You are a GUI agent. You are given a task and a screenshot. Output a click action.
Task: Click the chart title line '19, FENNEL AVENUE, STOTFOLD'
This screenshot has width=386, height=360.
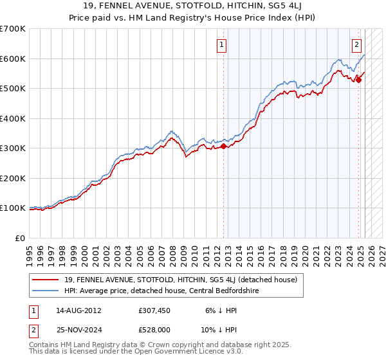pyautogui.click(x=193, y=6)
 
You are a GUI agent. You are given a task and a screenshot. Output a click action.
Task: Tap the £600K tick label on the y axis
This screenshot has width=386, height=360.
pyautogui.click(x=13, y=59)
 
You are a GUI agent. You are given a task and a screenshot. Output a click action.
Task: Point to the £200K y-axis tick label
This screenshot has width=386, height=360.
pyautogui.click(x=13, y=178)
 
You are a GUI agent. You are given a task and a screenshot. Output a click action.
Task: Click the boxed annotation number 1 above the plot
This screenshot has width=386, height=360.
pyautogui.click(x=221, y=45)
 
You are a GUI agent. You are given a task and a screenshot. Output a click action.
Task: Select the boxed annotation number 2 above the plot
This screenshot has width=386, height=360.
pyautogui.click(x=356, y=45)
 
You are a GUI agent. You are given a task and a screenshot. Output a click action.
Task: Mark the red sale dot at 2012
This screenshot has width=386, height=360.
pyautogui.click(x=224, y=147)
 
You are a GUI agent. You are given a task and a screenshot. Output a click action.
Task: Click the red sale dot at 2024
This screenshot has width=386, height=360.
pyautogui.click(x=358, y=80)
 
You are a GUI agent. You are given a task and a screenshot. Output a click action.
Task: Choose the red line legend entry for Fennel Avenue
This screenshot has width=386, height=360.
pyautogui.click(x=180, y=280)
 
